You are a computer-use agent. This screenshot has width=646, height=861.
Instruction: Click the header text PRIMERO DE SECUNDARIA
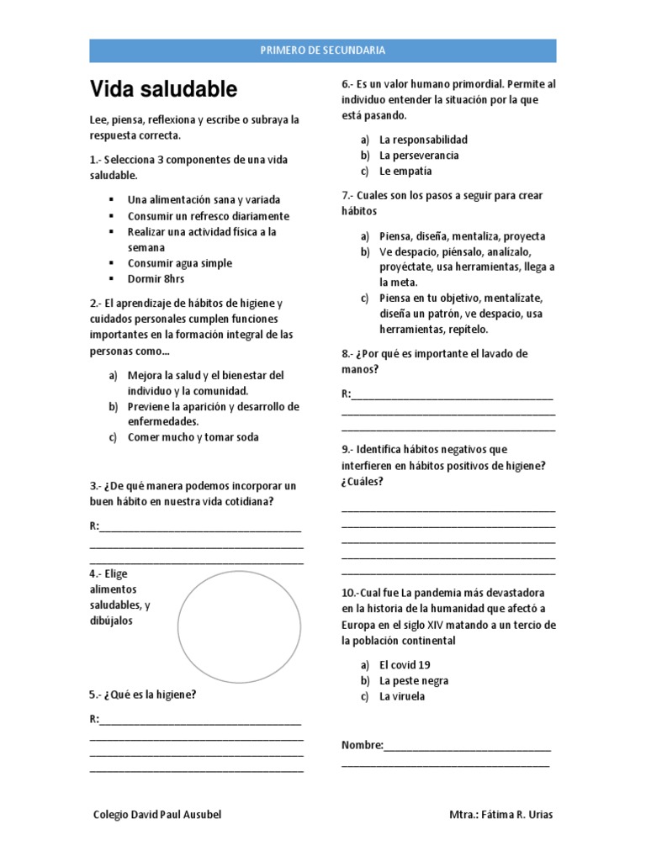pos(323,50)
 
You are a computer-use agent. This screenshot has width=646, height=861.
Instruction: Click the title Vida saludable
pos(163,89)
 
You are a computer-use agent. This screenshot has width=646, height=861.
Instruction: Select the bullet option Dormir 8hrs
pos(156,279)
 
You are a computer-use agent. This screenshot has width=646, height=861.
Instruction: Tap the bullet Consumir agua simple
pos(179,263)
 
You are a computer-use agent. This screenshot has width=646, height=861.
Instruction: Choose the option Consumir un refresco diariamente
pos(202,215)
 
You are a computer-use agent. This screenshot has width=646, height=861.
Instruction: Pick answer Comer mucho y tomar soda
pos(193,437)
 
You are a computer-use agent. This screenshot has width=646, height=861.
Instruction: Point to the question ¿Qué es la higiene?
pos(148,695)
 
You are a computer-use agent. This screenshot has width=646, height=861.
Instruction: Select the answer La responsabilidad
pos(423,140)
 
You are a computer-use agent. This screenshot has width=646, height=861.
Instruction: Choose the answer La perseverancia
pos(419,156)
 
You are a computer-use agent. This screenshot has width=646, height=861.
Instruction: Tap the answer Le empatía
pos(405,171)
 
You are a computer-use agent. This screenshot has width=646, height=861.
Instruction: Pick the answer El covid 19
pos(405,664)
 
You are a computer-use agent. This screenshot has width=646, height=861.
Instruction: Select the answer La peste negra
pos(414,680)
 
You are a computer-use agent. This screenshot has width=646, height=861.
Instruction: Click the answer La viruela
pos(402,696)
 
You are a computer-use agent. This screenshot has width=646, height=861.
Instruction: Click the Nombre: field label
pos(362,745)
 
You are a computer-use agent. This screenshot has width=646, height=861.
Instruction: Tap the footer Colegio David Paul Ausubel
pos(160,816)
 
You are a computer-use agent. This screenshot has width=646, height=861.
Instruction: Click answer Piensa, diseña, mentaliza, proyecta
pos(462,236)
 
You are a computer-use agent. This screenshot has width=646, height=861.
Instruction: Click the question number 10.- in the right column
pos(350,593)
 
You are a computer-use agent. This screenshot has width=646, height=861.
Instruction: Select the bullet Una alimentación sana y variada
pos(204,200)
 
